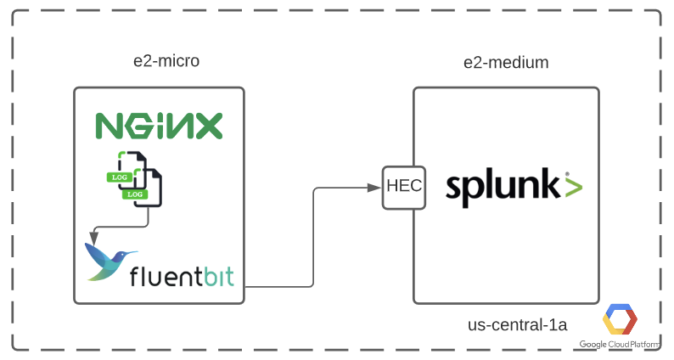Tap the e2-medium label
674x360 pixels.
[x=506, y=62]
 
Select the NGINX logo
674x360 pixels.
[x=159, y=126]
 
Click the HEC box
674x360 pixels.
[x=405, y=186]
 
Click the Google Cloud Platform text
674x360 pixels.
[x=621, y=345]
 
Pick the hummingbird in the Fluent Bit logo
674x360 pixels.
[x=110, y=260]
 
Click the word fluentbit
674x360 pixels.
[x=182, y=277]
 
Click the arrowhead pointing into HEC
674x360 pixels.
[x=378, y=187]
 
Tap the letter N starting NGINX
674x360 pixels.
[x=108, y=126]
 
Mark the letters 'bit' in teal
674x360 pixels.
[x=216, y=277]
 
